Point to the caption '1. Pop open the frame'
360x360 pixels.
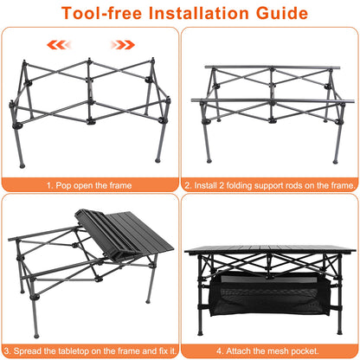(x=90, y=184)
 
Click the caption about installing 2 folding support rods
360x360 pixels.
(x=269, y=184)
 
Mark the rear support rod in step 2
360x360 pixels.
(x=270, y=67)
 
